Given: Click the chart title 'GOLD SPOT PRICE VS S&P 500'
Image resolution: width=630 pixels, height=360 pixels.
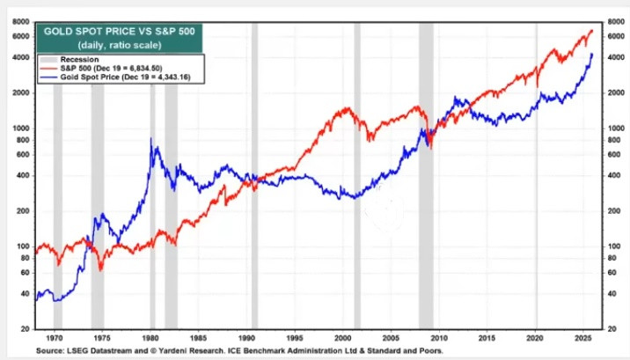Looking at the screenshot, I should point(113,31).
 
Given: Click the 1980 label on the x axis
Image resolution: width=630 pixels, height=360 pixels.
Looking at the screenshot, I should point(150,336).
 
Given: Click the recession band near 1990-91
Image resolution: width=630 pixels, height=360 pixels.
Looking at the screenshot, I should point(254,176).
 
